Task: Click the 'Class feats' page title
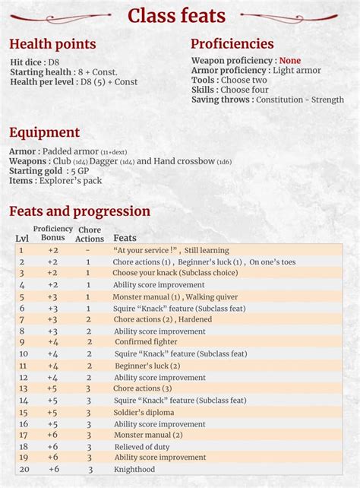(x=176, y=15)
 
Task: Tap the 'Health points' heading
(x=52, y=44)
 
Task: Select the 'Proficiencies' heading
(x=232, y=43)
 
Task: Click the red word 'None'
(x=289, y=61)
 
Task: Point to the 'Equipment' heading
(x=44, y=132)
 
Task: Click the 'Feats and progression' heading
(x=80, y=211)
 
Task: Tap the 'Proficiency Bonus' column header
(x=52, y=233)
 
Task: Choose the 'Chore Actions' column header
(x=90, y=234)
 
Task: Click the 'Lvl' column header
(x=22, y=239)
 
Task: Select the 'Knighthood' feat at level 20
(x=135, y=470)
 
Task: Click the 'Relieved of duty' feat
(x=142, y=447)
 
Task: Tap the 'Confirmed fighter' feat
(x=146, y=342)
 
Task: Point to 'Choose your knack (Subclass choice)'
(x=175, y=273)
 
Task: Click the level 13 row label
(x=23, y=388)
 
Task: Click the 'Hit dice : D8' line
(x=34, y=61)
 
